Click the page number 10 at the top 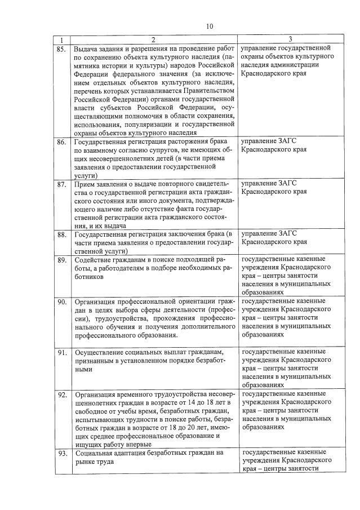point(210,26)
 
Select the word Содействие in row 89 point(94,260)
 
